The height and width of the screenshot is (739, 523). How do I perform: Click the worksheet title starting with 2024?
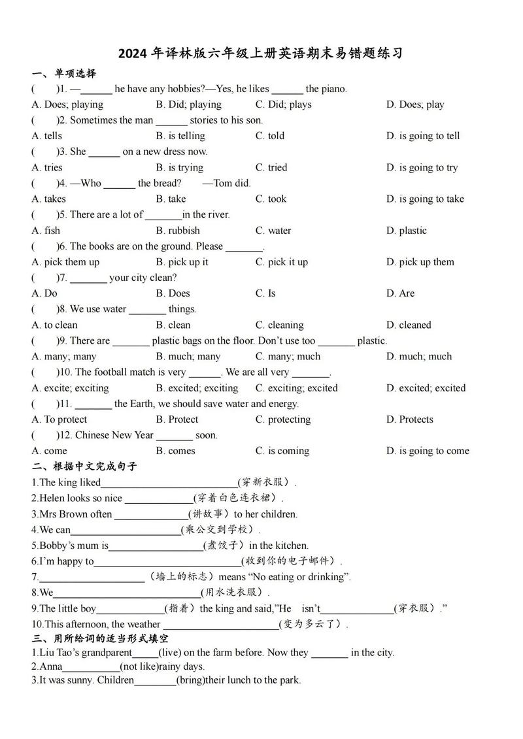click(261, 54)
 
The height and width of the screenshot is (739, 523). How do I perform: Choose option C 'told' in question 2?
click(271, 136)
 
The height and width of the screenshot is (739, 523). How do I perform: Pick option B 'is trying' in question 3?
click(179, 167)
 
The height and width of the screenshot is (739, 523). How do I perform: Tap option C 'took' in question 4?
click(271, 199)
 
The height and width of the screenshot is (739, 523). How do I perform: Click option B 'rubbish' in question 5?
click(178, 231)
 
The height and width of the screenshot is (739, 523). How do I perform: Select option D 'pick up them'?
click(420, 262)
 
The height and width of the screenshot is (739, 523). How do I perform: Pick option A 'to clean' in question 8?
click(54, 325)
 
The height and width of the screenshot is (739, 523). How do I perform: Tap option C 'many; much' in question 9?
click(288, 356)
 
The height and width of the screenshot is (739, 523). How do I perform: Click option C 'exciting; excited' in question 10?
click(296, 388)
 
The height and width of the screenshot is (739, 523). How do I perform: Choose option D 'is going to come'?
click(428, 451)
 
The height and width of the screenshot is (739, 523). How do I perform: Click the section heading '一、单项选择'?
click(63, 73)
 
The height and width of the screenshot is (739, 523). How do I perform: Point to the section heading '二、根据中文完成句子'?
click(84, 467)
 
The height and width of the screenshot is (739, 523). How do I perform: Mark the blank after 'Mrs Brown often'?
click(151, 515)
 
